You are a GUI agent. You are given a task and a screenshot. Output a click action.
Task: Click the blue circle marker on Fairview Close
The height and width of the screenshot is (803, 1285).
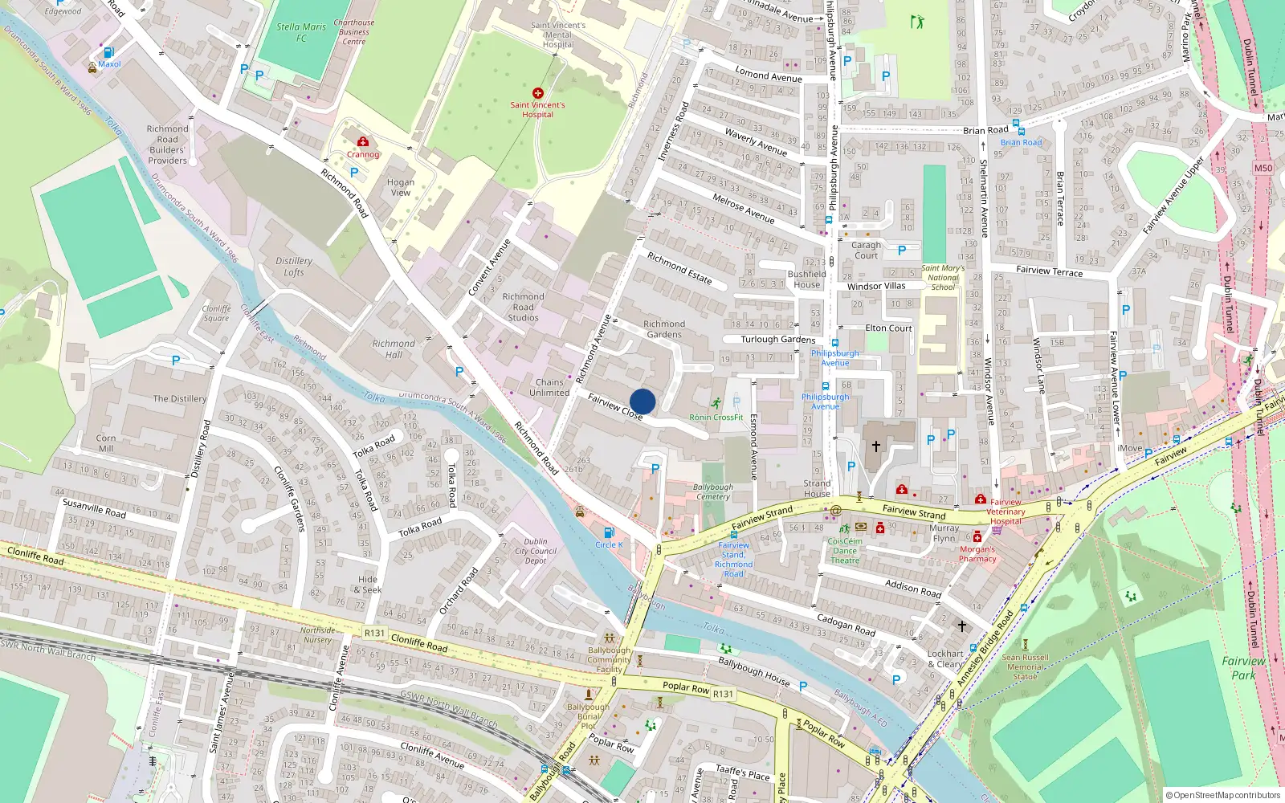click(642, 401)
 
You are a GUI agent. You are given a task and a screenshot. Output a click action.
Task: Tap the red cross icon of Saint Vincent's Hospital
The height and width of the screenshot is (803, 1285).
click(538, 93)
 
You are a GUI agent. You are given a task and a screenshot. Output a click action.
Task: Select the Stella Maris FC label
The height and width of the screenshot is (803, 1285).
click(301, 32)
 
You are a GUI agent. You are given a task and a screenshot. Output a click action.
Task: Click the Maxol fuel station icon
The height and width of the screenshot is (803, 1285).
click(108, 53)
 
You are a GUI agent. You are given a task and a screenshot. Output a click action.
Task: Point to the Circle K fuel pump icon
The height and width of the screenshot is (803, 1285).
click(609, 532)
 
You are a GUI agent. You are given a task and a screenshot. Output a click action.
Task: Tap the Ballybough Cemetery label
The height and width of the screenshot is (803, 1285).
click(713, 491)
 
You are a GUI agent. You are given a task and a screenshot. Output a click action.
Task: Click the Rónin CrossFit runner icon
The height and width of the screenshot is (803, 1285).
click(716, 403)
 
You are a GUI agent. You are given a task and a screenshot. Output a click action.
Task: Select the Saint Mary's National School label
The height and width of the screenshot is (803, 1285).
click(943, 277)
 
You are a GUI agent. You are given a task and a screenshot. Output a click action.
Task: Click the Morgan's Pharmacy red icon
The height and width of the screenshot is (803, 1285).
click(977, 537)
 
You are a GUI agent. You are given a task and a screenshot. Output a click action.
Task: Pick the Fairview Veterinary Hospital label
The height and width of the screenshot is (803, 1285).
click(1006, 512)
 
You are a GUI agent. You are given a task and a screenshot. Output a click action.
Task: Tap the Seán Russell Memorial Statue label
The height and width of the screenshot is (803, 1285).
click(1026, 666)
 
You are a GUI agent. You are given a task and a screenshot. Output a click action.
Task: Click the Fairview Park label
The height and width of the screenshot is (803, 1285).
click(1243, 668)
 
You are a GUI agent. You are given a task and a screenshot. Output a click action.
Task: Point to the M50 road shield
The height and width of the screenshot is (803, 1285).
click(1263, 168)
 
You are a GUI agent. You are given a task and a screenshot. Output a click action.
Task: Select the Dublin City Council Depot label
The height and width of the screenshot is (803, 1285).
click(536, 551)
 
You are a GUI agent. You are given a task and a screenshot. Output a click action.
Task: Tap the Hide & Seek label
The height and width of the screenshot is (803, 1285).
click(369, 585)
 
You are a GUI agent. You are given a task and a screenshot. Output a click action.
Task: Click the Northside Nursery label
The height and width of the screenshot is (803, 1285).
click(317, 635)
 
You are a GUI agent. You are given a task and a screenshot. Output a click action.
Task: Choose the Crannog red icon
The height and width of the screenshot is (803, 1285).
click(363, 142)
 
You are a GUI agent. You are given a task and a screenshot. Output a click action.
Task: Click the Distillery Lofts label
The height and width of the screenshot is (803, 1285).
click(294, 267)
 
